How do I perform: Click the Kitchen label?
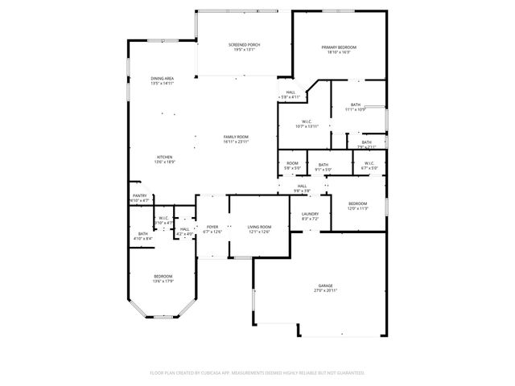(x=164, y=158)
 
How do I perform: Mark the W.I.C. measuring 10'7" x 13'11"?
(x=307, y=123)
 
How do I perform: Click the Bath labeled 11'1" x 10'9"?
(x=356, y=107)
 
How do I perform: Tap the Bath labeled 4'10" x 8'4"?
(x=143, y=236)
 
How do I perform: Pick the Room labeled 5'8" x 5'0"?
(x=292, y=166)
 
